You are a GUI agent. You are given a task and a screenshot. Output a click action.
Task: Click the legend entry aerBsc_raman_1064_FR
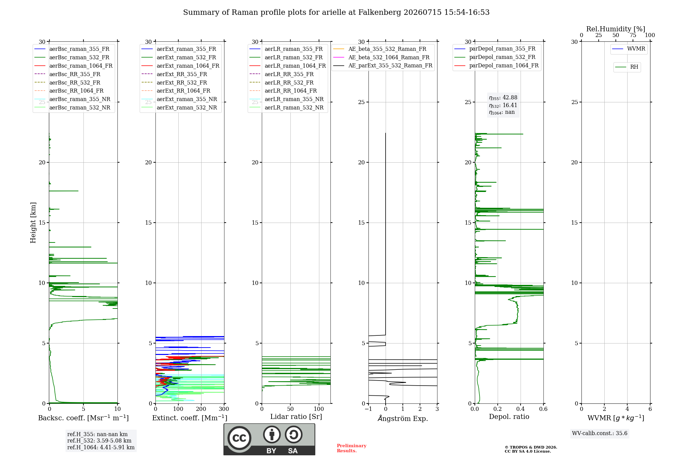point(73,66)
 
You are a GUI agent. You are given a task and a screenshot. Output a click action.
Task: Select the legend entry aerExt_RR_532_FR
point(174,83)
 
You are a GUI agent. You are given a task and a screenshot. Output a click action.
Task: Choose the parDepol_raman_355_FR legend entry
point(495,49)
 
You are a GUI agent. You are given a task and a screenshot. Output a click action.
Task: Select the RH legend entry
point(627,67)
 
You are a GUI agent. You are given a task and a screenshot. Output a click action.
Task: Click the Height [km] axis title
point(33,223)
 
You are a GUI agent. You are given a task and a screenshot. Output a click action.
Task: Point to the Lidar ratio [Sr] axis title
point(296,417)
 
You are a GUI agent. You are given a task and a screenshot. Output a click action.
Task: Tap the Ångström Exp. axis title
point(403,418)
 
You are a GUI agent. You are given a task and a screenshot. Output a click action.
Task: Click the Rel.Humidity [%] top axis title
point(616,29)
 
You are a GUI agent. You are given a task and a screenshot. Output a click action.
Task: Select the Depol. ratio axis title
point(509,417)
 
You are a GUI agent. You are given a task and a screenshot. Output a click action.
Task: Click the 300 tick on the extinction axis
point(224,409)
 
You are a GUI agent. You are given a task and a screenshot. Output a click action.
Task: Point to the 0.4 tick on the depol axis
point(521,409)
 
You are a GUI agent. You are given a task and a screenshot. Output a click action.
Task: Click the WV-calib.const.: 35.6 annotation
point(600,433)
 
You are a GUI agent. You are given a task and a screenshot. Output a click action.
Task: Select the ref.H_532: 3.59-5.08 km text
point(99,440)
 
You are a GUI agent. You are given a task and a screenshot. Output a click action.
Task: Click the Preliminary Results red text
point(352,448)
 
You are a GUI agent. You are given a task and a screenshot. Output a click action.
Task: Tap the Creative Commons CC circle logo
point(239,438)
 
